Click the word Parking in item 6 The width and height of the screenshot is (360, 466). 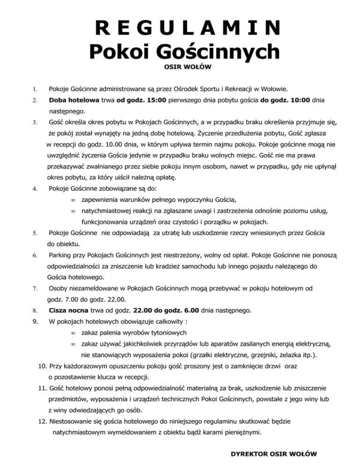61,256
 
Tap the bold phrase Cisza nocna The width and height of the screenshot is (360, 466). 68,310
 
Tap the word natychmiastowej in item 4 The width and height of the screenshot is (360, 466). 111,211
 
